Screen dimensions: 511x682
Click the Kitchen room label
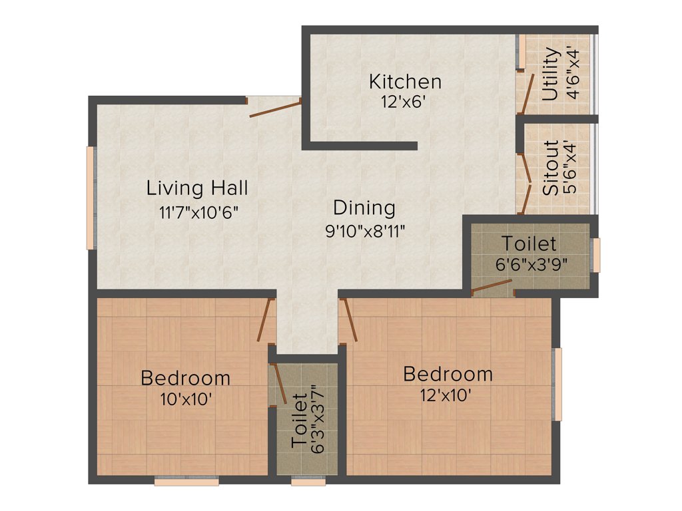[x=405, y=82]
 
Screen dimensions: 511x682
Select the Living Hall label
[x=197, y=188]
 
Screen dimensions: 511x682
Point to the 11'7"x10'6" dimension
[x=198, y=213]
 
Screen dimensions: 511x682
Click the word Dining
[x=364, y=208]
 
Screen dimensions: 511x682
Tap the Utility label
[x=550, y=74]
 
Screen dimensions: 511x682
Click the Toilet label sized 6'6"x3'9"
[x=529, y=243]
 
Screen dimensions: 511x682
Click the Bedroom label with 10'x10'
[x=185, y=378]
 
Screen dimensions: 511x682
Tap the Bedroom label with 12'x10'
[x=448, y=373]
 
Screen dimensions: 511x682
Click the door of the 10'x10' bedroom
[x=266, y=320]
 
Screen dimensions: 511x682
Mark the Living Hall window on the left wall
[x=90, y=198]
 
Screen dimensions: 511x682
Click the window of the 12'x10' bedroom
[x=558, y=384]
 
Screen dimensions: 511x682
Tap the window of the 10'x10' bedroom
[x=186, y=481]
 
